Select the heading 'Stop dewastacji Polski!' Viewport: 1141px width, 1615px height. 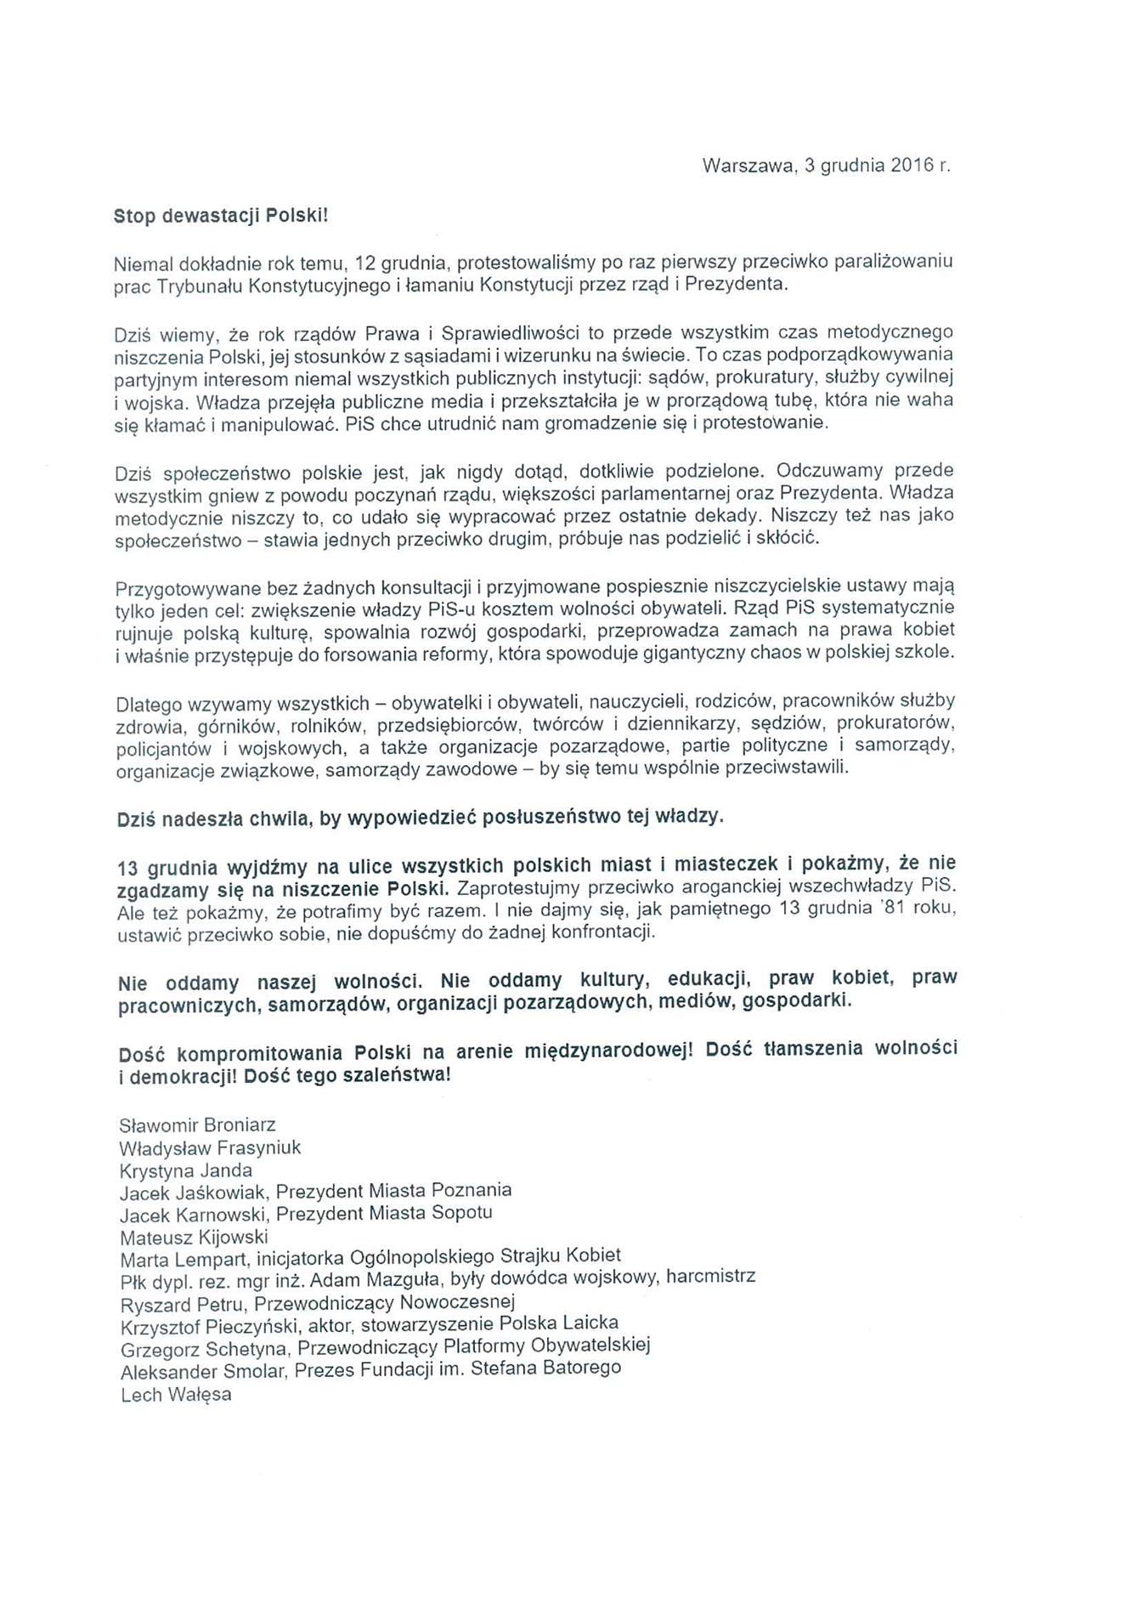pos(221,216)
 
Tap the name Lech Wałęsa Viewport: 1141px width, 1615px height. pos(176,1395)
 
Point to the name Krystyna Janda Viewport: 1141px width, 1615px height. pos(186,1170)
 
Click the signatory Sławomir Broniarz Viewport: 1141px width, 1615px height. pos(198,1125)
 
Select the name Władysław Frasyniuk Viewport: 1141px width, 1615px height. pos(210,1148)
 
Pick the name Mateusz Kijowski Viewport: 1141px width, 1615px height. pos(194,1237)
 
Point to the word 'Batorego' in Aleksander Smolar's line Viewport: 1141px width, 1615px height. pos(584,1368)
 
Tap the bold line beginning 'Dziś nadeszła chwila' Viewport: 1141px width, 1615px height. pos(421,818)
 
